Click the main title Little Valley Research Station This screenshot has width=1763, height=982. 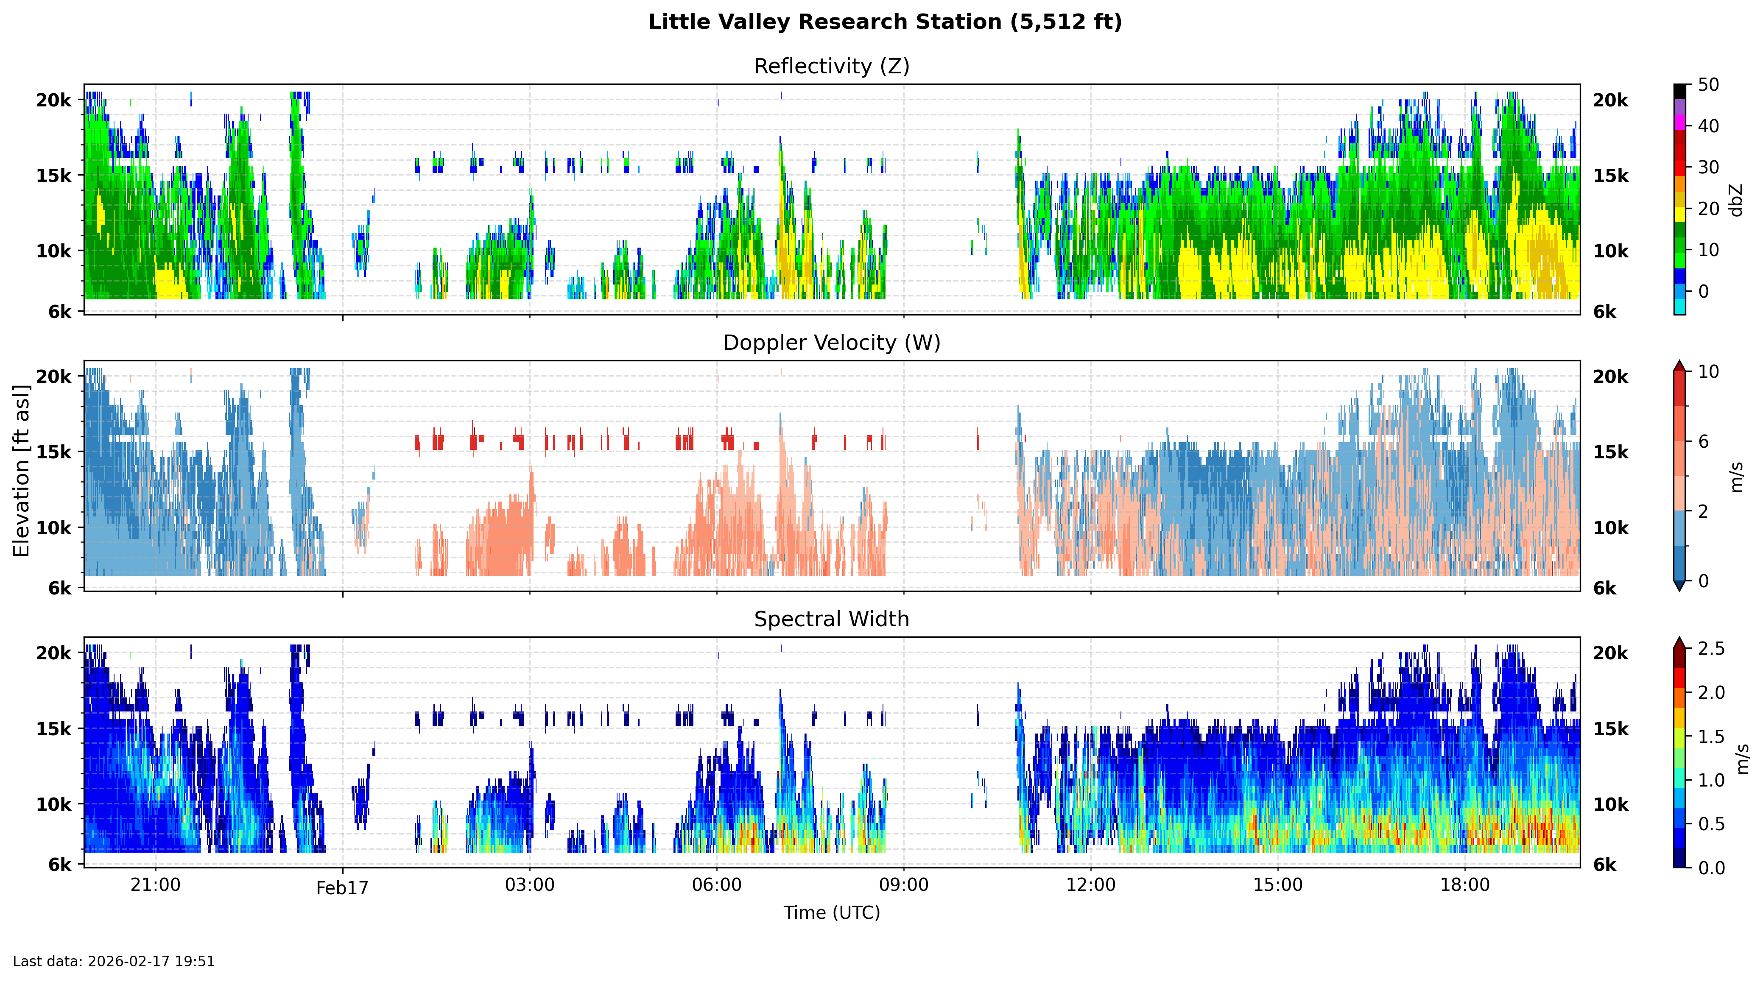pyautogui.click(x=885, y=22)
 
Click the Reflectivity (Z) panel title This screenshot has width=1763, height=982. pyautogui.click(x=832, y=67)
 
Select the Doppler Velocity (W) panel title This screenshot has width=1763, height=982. pyautogui.click(x=832, y=343)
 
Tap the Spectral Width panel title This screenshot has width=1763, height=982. pyautogui.click(x=832, y=619)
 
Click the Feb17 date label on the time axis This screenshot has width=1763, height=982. pyautogui.click(x=342, y=888)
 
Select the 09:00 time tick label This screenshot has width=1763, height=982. pyautogui.click(x=903, y=885)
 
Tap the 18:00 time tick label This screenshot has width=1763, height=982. pyautogui.click(x=1464, y=885)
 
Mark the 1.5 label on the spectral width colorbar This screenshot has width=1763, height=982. pyautogui.click(x=1711, y=736)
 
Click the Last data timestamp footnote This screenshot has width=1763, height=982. pyautogui.click(x=114, y=962)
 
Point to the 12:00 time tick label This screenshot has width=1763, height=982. pyautogui.click(x=1090, y=885)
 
